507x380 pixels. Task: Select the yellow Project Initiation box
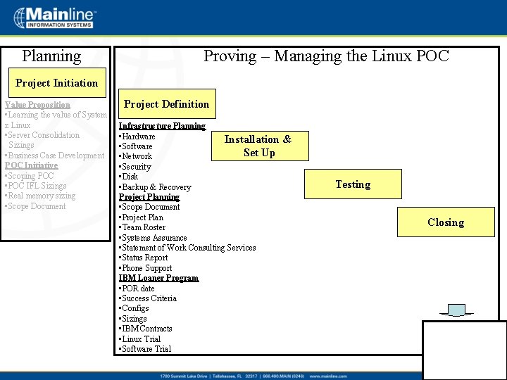[57, 83]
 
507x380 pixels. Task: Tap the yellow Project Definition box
[167, 104]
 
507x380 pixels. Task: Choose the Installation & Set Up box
[258, 146]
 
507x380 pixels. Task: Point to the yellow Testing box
[353, 184]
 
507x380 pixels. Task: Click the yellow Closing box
[446, 222]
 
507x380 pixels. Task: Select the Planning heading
[51, 56]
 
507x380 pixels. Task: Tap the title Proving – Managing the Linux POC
[326, 56]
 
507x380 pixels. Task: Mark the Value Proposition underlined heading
[38, 105]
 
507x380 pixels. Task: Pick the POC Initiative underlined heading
[32, 165]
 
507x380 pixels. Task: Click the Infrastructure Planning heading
[163, 126]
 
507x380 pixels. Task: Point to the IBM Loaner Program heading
[159, 278]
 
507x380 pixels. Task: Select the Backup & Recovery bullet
[156, 187]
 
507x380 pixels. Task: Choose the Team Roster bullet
[144, 227]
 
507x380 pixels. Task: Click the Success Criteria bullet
[149, 298]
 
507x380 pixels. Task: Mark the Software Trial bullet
[146, 349]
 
